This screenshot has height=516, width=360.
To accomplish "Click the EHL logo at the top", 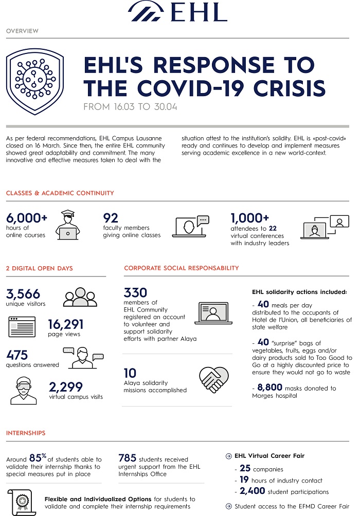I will pyautogui.click(x=177, y=11).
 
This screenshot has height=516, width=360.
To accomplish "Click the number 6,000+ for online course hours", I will pyautogui.click(x=26, y=218).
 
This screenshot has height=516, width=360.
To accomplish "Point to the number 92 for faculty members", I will pyautogui.click(x=112, y=218).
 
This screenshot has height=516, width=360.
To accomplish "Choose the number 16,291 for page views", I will pyautogui.click(x=65, y=325).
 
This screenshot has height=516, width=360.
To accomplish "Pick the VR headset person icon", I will pyautogui.click(x=23, y=390).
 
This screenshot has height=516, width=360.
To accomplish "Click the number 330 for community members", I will pyautogui.click(x=135, y=293).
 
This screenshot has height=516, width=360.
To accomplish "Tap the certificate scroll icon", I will pyautogui.click(x=22, y=502).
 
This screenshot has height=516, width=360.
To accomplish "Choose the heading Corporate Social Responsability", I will pyautogui.click(x=182, y=268).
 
